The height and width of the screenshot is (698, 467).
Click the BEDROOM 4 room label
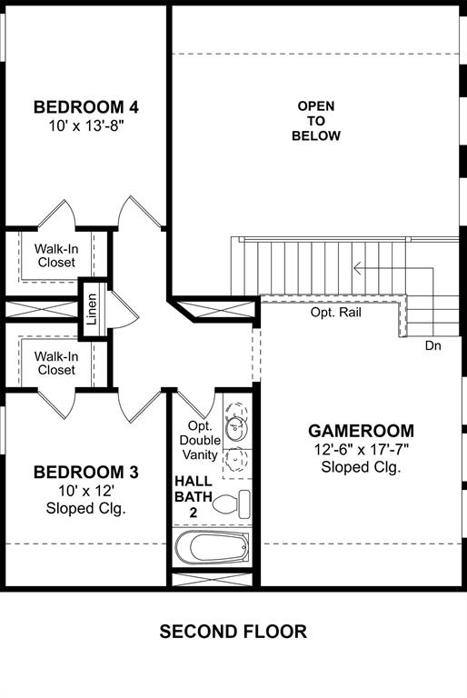[x=85, y=107]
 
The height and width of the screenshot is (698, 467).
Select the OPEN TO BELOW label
[x=315, y=121]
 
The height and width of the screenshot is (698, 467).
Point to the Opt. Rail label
[x=335, y=313]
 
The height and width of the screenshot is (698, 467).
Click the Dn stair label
[x=433, y=345]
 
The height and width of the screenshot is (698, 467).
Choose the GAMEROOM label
[x=361, y=431]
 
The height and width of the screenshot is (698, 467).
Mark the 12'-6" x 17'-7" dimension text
[x=361, y=449]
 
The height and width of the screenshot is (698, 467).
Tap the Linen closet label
[x=92, y=309]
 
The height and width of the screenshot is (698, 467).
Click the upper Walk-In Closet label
[x=56, y=255]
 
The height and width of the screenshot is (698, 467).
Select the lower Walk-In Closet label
[x=56, y=364]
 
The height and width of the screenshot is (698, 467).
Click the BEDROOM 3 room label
[x=85, y=473]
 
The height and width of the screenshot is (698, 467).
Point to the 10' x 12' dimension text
[x=85, y=491]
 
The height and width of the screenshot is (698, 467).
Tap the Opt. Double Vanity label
[x=200, y=440]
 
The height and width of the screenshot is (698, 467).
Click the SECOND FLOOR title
[x=233, y=632]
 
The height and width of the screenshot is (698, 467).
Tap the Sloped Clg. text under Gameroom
[x=361, y=467]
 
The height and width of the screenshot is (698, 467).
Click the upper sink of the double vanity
[x=236, y=423]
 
